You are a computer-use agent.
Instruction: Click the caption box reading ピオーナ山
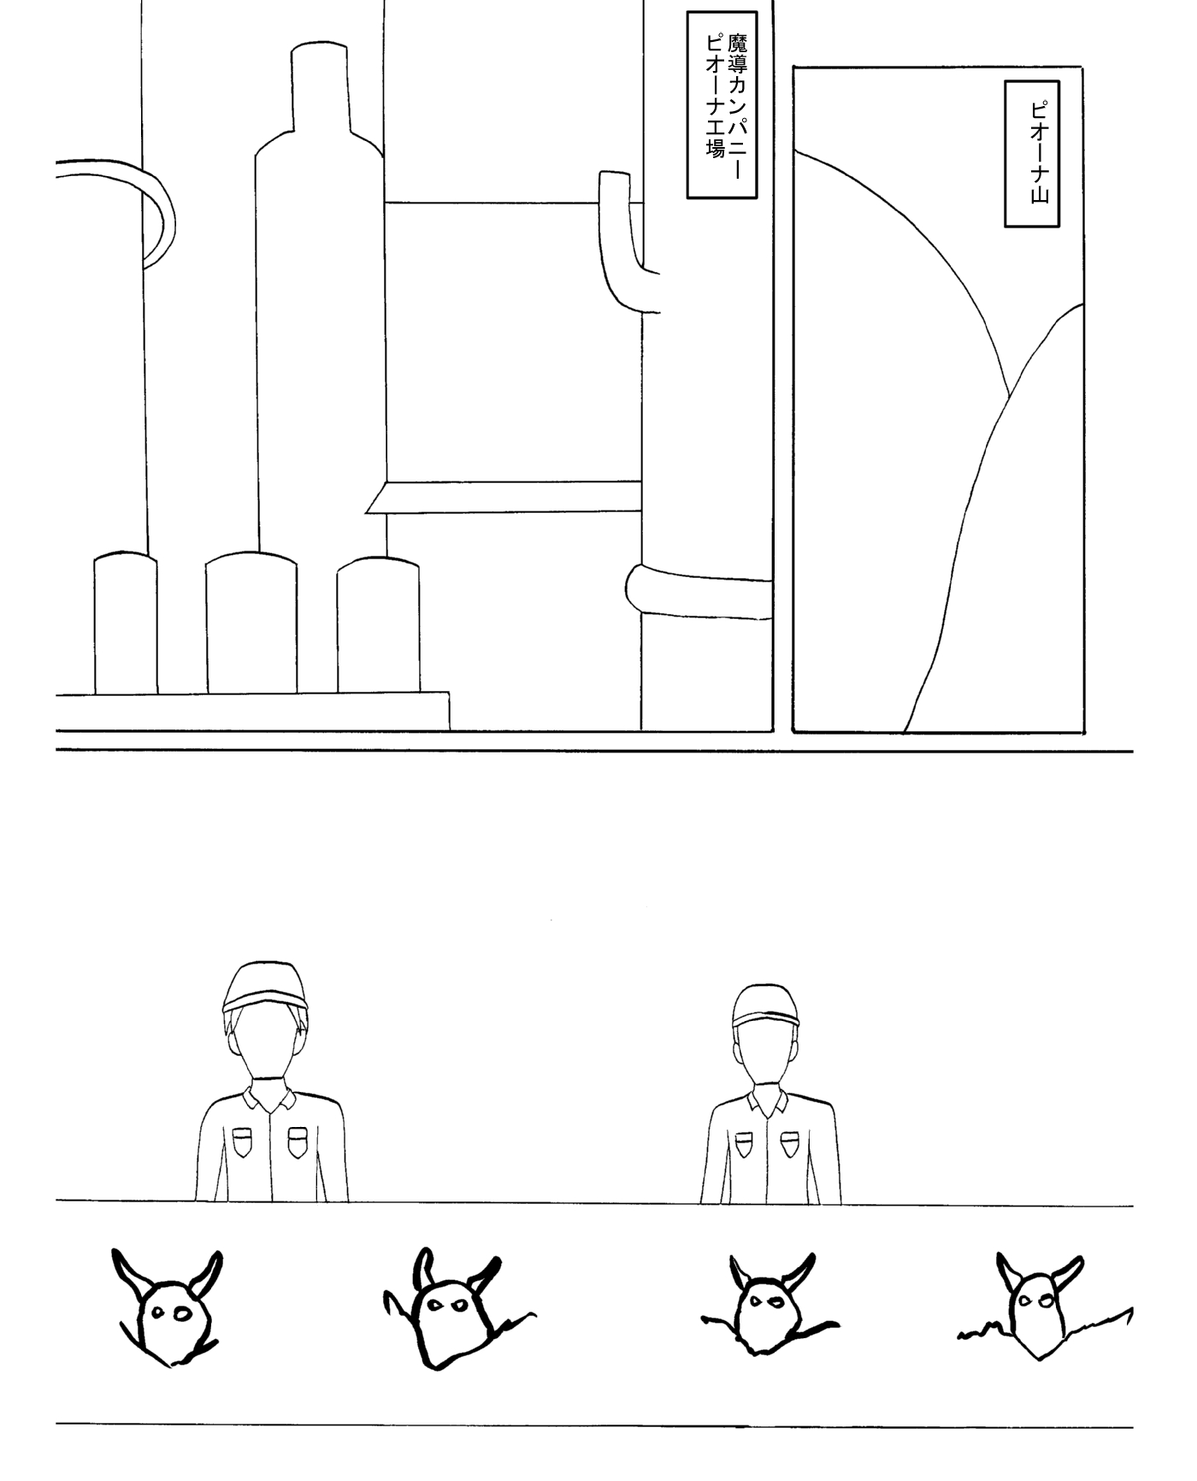(1032, 154)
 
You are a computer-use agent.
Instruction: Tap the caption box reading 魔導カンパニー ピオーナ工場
(722, 104)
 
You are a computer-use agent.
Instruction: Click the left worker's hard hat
(264, 988)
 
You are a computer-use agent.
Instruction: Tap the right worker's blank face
(766, 1057)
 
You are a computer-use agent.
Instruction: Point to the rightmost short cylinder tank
(378, 625)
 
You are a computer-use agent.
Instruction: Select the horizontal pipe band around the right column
(699, 590)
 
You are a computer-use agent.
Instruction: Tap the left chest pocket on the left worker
(244, 1142)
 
